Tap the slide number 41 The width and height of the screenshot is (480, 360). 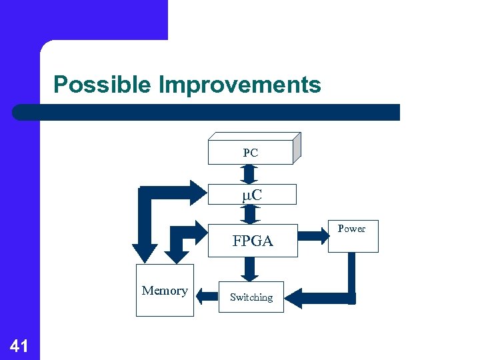coord(19,345)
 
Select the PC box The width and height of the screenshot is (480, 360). coord(251,153)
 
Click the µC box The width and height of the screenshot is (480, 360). coord(251,195)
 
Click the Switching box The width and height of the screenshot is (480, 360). coord(251,297)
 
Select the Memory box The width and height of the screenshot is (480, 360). coord(165,291)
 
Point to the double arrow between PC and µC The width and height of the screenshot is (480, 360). coord(250,174)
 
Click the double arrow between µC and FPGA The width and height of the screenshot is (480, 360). coord(250,213)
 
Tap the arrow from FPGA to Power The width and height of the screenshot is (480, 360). coord(311,235)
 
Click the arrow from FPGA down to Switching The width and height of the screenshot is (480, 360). coord(250,269)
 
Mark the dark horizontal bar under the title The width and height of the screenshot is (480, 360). coord(207,112)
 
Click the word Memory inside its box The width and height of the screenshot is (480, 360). coord(165,291)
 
